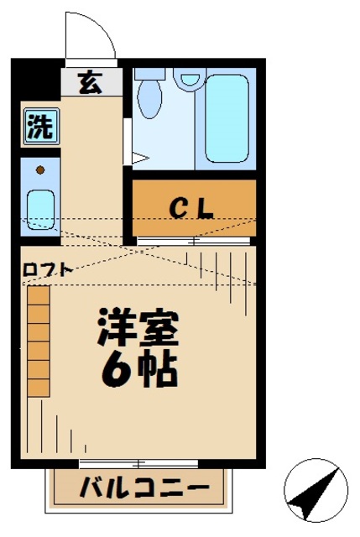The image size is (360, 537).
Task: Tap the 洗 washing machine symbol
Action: coord(39,128)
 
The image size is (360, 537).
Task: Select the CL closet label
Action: coord(193,207)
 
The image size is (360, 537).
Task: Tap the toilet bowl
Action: coord(150,96)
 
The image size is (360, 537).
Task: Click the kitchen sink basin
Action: coord(39,206)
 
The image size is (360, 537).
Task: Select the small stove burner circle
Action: coord(39,169)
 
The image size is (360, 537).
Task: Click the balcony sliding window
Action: coord(139,462)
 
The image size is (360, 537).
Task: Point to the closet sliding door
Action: coord(193,241)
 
